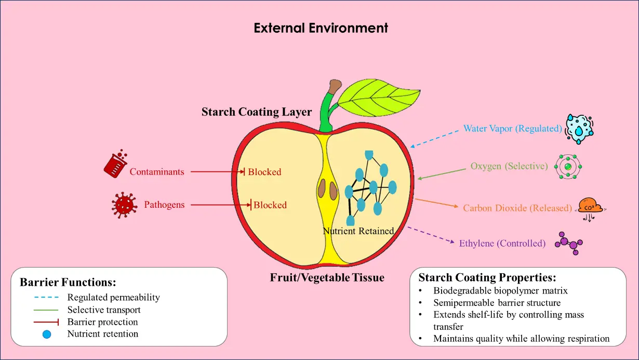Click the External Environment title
pyautogui.click(x=321, y=28)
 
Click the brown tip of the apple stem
pyautogui.click(x=336, y=85)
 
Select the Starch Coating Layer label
pyautogui.click(x=257, y=112)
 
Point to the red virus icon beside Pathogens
pyautogui.click(x=124, y=205)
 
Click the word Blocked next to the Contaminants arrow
pyautogui.click(x=264, y=172)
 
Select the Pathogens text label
pyautogui.click(x=164, y=205)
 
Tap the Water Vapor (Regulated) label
pyautogui.click(x=513, y=128)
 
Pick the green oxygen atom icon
pyautogui.click(x=568, y=166)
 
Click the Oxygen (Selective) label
pyautogui.click(x=509, y=166)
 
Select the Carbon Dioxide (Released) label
pyautogui.click(x=517, y=208)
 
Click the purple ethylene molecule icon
pyautogui.click(x=569, y=243)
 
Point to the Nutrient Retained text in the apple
pyautogui.click(x=358, y=231)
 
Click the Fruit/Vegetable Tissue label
pyautogui.click(x=327, y=278)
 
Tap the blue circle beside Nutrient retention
pyautogui.click(x=47, y=334)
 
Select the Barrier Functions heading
pyautogui.click(x=68, y=283)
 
